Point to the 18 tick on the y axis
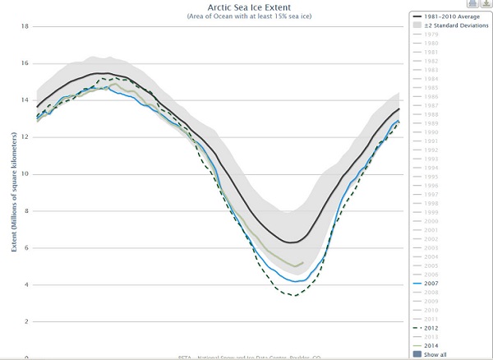point(25,26)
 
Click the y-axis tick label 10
point(25,174)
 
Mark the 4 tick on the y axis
point(26,285)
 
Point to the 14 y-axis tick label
point(25,100)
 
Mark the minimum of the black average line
point(292,242)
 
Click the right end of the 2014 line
point(303,263)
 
